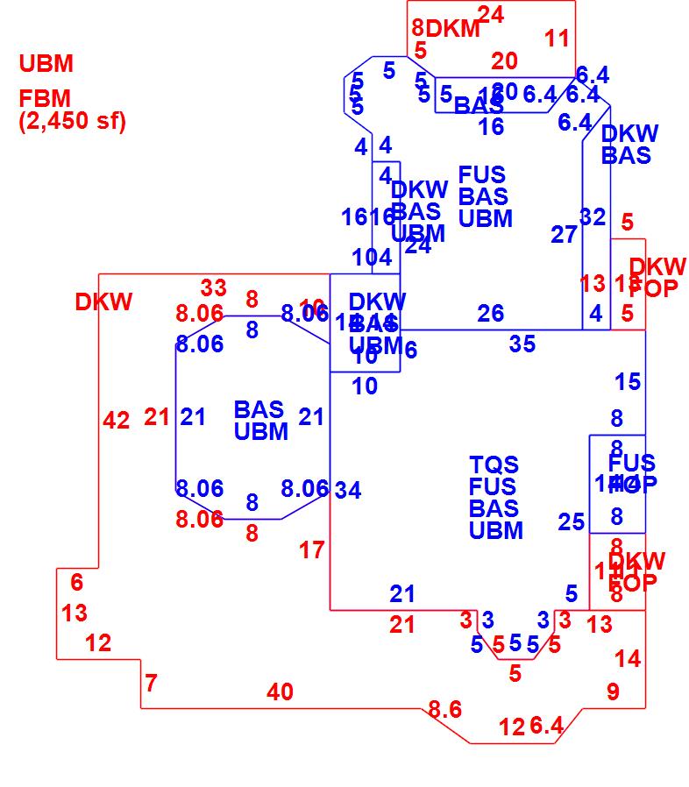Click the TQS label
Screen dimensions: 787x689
coord(494,464)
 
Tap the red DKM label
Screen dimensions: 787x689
coord(453,29)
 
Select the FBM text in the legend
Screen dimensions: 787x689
coord(45,98)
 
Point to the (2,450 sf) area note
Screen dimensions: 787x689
coord(73,121)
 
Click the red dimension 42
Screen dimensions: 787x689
coord(116,421)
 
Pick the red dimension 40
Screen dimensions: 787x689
coord(280,692)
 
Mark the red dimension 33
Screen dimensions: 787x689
coord(214,287)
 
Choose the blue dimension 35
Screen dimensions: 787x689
coord(522,344)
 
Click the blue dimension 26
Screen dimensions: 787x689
coord(491,313)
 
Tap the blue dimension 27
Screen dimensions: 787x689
coord(565,234)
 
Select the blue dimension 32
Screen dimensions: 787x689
coord(593,216)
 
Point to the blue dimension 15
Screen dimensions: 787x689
coord(628,382)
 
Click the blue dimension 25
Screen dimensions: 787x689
coord(572,522)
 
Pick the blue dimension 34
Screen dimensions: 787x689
coord(348,491)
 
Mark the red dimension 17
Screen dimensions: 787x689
coord(312,550)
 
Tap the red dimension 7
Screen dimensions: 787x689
coord(151,682)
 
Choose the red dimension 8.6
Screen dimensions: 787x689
coord(444,709)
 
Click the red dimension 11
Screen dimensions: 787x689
coord(557,39)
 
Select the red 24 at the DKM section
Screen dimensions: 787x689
coord(491,14)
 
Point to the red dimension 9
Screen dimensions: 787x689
coord(613,691)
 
